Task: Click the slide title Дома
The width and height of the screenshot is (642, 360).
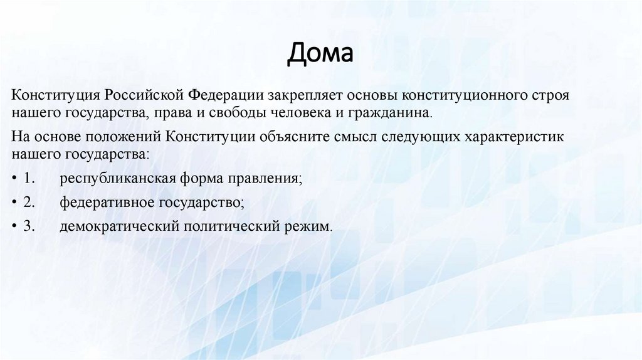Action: pyautogui.click(x=320, y=54)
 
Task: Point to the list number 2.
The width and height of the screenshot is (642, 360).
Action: pyautogui.click(x=28, y=203)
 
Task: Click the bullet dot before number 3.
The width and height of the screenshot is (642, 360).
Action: pyautogui.click(x=14, y=227)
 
